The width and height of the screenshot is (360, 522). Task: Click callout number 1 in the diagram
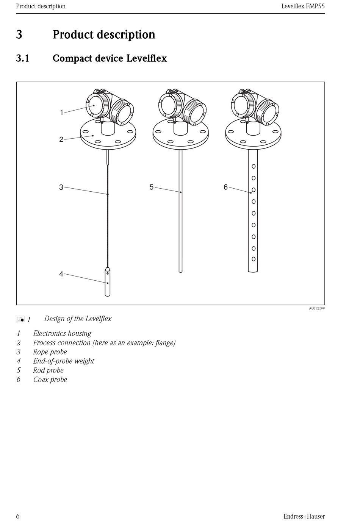click(x=61, y=113)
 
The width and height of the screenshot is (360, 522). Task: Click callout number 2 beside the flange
click(x=61, y=139)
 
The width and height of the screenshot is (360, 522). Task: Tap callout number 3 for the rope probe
click(x=61, y=187)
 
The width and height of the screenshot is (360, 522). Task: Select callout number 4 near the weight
click(x=61, y=274)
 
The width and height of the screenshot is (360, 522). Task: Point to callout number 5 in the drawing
click(x=151, y=187)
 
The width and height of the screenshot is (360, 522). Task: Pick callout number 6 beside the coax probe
click(x=225, y=187)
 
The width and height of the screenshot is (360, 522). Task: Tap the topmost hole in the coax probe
click(x=254, y=166)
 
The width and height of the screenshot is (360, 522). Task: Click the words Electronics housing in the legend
click(x=62, y=333)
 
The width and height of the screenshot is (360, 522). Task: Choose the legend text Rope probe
click(x=50, y=352)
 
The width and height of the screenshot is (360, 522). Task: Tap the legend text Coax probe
click(x=50, y=380)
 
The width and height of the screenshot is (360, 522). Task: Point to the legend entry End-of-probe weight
click(x=64, y=361)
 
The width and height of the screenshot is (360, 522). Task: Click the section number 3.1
click(x=23, y=58)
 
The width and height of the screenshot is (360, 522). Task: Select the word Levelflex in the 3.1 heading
click(x=146, y=58)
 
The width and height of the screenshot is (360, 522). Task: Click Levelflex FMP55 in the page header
click(x=303, y=6)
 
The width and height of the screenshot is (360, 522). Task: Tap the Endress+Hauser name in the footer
click(x=304, y=516)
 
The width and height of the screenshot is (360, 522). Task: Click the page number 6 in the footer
click(x=18, y=516)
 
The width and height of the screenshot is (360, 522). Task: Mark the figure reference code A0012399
click(x=316, y=308)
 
